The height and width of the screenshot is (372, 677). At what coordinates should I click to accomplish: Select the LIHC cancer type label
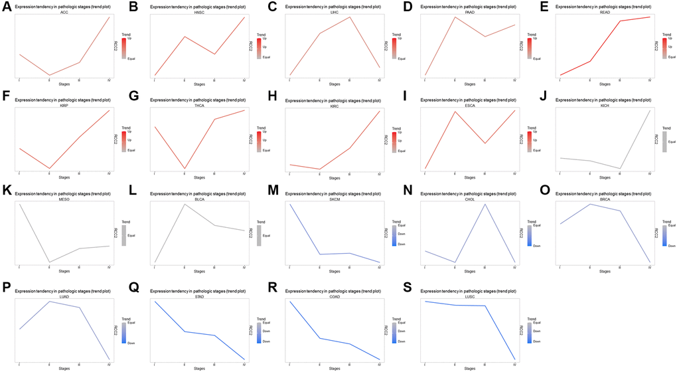[x=335, y=13]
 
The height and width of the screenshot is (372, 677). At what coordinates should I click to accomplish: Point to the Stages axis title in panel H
[x=335, y=178]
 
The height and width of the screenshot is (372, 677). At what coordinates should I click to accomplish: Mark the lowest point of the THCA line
[x=184, y=169]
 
